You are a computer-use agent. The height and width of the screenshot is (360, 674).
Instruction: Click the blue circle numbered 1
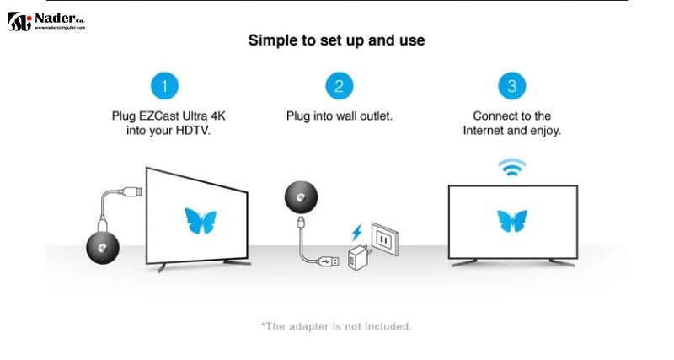[164, 86]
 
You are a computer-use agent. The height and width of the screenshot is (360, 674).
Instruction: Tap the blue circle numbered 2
[340, 86]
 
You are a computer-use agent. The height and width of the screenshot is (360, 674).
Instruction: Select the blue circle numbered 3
[511, 86]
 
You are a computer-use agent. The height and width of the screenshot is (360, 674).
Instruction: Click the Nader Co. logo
[46, 22]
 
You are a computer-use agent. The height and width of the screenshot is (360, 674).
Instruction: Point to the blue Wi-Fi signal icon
[512, 167]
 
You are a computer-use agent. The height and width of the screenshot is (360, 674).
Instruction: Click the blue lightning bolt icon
[356, 233]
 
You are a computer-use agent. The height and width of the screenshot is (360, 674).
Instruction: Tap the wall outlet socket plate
[385, 239]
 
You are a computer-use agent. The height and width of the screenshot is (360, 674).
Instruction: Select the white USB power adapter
[359, 258]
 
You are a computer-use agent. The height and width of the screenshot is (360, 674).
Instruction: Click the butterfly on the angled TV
[201, 221]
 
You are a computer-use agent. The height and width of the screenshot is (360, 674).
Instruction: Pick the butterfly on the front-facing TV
[512, 221]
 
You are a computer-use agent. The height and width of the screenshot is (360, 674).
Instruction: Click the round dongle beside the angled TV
[103, 248]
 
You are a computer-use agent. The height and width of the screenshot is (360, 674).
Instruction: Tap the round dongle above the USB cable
[302, 197]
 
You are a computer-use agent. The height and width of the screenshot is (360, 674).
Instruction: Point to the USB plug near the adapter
[329, 261]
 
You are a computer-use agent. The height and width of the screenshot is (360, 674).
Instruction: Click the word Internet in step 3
[483, 131]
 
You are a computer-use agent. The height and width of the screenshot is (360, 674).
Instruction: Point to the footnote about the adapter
[336, 326]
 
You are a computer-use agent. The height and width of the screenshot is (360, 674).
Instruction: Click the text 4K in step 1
[217, 116]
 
